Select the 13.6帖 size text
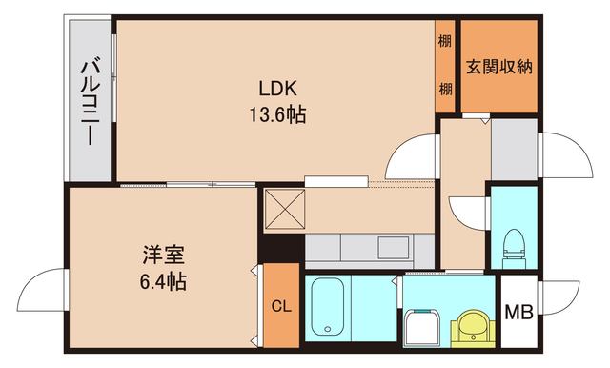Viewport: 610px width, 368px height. (277, 115)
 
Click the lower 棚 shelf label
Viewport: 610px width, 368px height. (445, 89)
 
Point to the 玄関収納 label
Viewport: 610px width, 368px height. (498, 68)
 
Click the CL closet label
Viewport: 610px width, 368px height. (280, 307)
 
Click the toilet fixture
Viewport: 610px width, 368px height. (512, 244)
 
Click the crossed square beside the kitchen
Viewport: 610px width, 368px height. (282, 209)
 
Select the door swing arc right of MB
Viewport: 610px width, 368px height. (562, 305)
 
